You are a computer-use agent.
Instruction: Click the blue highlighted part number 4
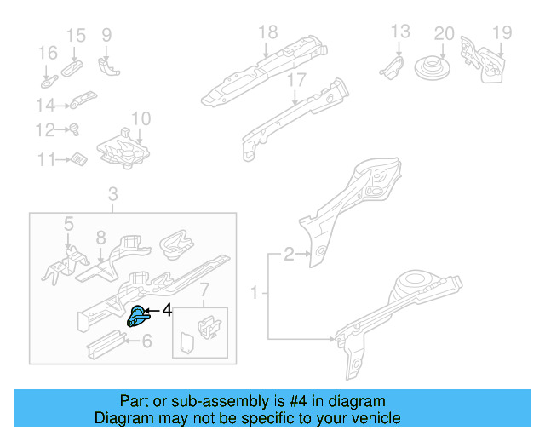(137, 316)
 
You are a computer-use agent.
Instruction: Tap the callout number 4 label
(167, 311)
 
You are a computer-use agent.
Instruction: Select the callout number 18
(267, 33)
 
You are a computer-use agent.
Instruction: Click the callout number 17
(295, 81)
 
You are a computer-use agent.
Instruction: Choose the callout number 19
(502, 33)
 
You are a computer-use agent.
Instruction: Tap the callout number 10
(141, 118)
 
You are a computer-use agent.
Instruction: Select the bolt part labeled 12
(74, 130)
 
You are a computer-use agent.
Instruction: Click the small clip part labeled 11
(77, 159)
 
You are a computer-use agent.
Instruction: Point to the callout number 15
(76, 35)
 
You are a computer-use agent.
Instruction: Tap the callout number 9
(106, 35)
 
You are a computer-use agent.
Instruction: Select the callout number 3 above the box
(113, 197)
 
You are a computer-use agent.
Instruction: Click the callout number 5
(69, 224)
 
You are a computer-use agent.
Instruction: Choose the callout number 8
(100, 238)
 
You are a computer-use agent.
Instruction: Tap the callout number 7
(204, 294)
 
